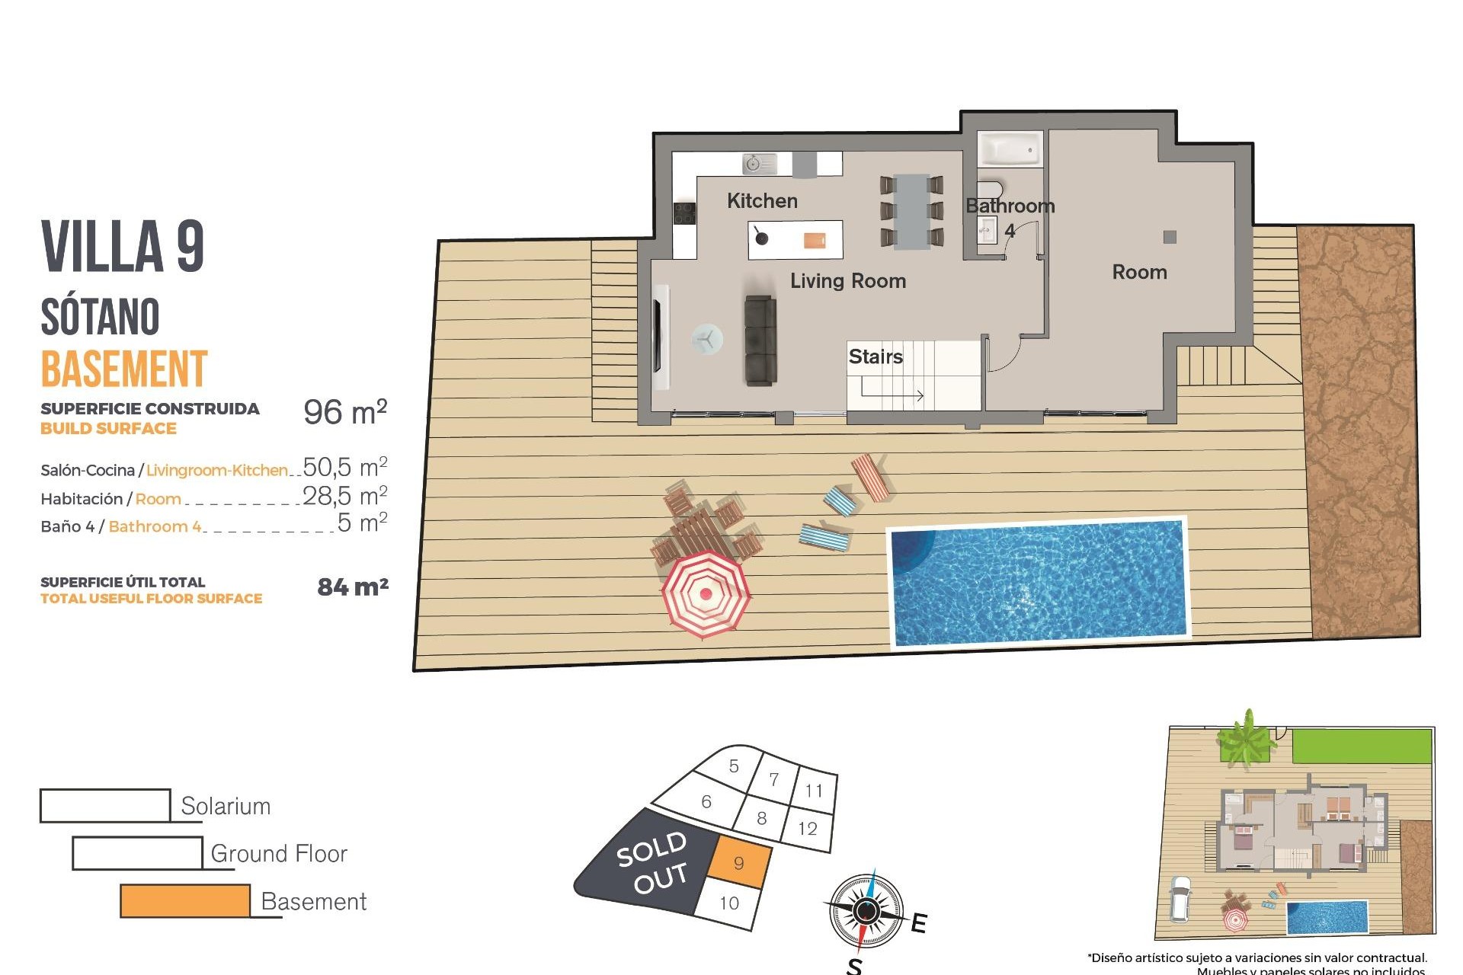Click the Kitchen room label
point(762,201)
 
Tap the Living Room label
point(847,281)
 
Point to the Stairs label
point(876,356)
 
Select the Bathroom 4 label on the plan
point(1010,216)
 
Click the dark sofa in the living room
point(760,340)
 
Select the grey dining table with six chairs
point(911,212)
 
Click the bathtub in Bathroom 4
point(1009,149)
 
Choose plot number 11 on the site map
point(814,791)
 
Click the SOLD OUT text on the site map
point(652,862)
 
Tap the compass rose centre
point(866,910)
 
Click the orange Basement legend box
point(185,900)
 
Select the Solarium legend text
point(226,806)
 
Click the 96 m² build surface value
point(345,412)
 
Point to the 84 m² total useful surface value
point(353,587)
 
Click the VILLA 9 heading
point(123,246)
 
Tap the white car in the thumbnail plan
point(1180,899)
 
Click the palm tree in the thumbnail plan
point(1245,737)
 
